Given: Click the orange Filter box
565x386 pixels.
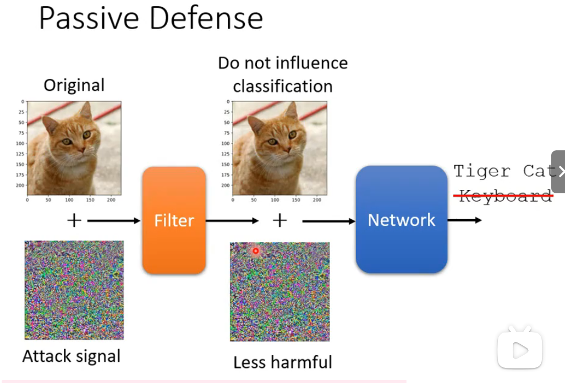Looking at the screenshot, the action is point(174,220).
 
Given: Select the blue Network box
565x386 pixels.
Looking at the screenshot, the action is point(401,220).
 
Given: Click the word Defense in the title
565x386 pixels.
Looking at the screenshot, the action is point(206,18).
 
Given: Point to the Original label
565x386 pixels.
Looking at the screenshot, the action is point(74,85).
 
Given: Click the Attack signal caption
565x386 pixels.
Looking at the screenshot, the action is point(71,356).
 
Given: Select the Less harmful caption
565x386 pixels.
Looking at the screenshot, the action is point(282,362).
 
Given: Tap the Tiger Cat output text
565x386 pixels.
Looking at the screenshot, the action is point(503,171).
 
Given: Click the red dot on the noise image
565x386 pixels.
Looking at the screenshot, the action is point(255,251).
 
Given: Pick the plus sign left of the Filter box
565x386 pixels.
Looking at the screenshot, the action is point(74,221).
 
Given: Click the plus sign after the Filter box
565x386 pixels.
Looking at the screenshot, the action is point(280,221).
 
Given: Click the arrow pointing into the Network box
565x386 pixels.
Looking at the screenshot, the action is point(328,221).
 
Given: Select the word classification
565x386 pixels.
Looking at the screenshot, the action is point(282,86).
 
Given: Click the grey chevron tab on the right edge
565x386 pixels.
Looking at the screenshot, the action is point(559,171).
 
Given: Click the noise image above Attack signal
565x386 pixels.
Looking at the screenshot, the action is point(74,290).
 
